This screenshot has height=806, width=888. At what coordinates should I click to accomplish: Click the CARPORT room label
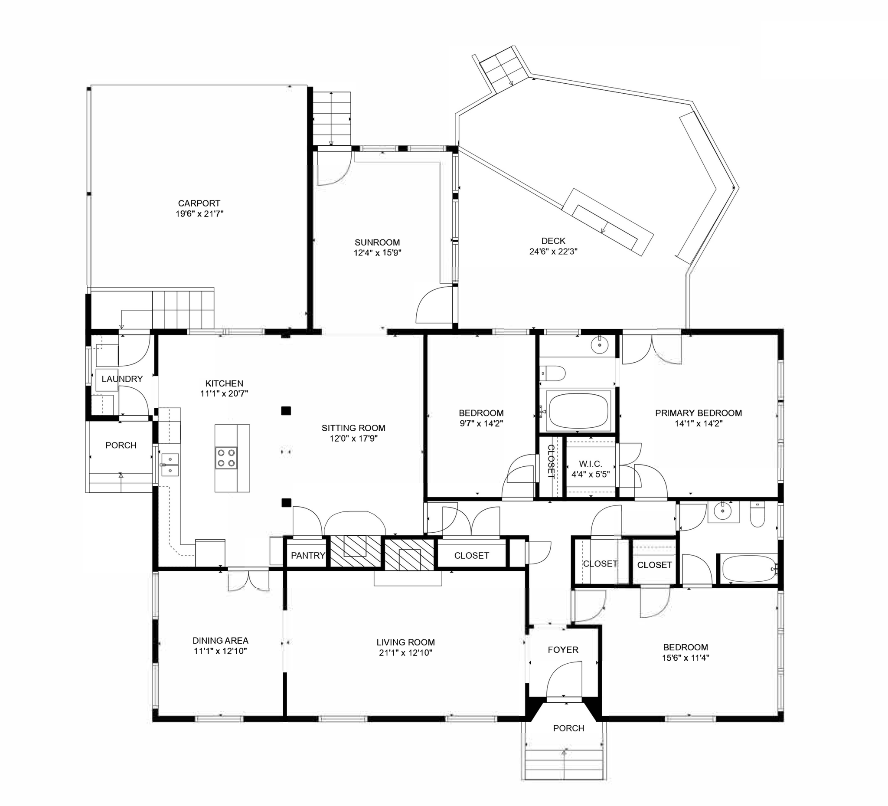[x=199, y=203]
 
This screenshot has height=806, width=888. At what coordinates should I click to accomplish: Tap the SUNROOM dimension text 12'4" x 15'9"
[x=378, y=253]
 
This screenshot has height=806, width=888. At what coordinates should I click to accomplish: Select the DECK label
[x=553, y=241]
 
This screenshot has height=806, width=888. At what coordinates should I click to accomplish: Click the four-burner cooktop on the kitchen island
[x=226, y=458]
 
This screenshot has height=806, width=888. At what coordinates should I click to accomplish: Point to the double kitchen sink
[x=170, y=465]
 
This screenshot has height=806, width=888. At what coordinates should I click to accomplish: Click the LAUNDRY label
[x=122, y=379]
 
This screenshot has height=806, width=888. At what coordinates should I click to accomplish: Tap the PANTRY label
[x=308, y=556]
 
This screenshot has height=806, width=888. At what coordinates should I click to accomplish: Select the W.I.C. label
[x=590, y=464]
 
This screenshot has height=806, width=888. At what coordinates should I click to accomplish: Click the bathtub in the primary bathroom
[x=579, y=410]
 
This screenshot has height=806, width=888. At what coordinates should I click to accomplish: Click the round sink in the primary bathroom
[x=600, y=344]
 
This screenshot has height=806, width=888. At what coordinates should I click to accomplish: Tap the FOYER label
[x=563, y=650]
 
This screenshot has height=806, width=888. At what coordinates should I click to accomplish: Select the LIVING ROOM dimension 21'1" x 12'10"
[x=406, y=653]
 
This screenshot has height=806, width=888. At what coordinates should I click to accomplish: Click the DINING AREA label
[x=220, y=641]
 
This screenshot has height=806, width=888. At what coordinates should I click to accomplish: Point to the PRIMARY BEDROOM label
[x=699, y=413]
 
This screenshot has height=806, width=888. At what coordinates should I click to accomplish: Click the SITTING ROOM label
[x=353, y=428]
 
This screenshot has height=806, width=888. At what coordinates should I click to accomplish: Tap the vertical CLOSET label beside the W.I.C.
[x=551, y=462]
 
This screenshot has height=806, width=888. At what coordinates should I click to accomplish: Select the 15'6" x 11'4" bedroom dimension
[x=686, y=658]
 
